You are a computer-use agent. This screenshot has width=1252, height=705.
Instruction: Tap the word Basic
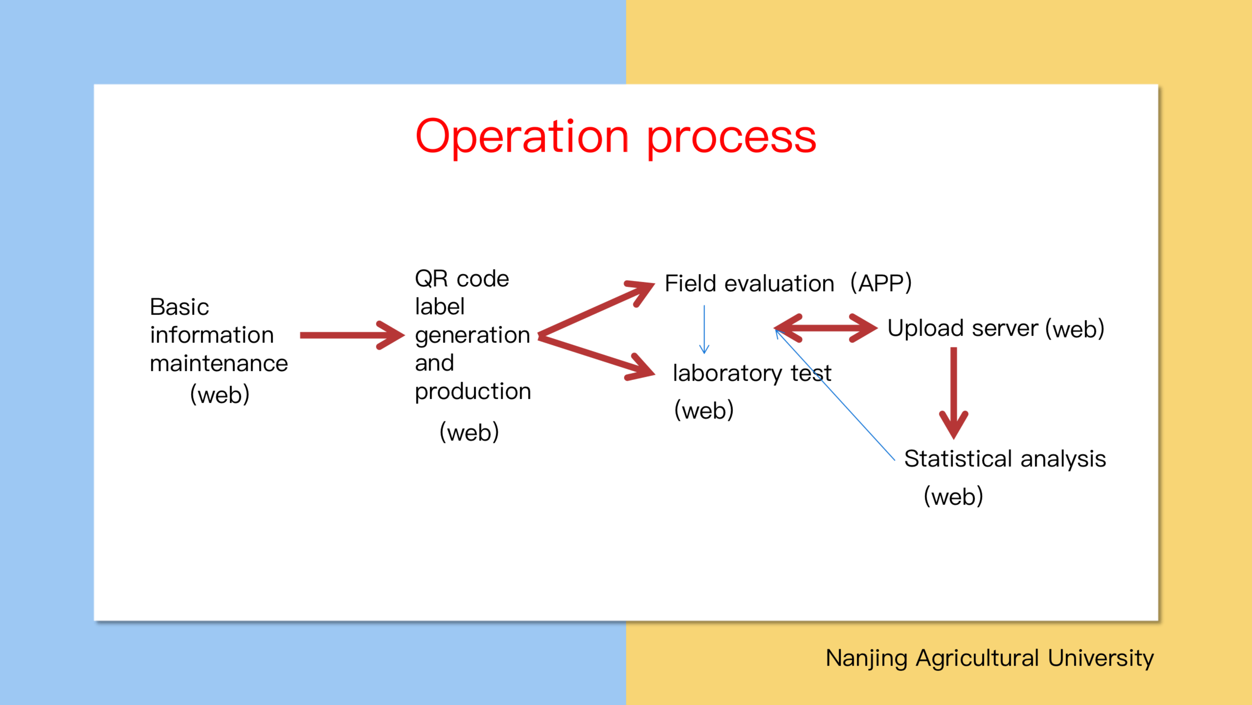[179, 307]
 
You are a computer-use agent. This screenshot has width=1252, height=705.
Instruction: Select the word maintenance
[219, 363]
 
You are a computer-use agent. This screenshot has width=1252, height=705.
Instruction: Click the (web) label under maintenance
[220, 394]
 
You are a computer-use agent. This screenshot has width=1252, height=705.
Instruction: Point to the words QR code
[462, 279]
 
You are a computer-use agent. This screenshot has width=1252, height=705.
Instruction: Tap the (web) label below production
[469, 432]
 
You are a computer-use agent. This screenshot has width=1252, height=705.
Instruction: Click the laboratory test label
[752, 374]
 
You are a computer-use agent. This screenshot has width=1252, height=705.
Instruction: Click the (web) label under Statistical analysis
[953, 496]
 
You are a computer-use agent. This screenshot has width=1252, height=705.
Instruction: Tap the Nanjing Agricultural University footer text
[990, 658]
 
